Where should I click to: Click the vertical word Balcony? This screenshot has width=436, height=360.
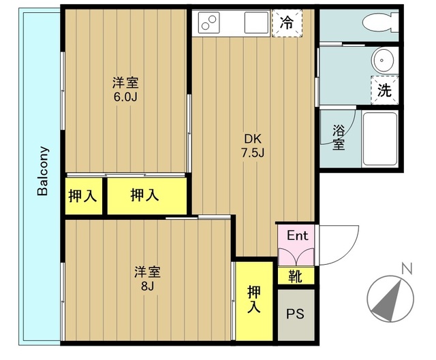pyautogui.click(x=42, y=171)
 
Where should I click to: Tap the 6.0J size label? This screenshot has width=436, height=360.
pyautogui.click(x=125, y=96)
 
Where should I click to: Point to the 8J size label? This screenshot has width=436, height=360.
pyautogui.click(x=147, y=286)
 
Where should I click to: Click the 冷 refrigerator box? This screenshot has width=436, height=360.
pyautogui.click(x=287, y=22)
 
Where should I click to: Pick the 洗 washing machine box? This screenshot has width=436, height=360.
pyautogui.click(x=385, y=90)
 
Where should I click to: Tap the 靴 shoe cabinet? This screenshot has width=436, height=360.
pyautogui.click(x=296, y=276)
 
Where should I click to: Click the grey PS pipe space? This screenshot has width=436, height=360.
pyautogui.click(x=296, y=315)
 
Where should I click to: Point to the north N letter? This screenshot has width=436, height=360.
pyautogui.click(x=407, y=267)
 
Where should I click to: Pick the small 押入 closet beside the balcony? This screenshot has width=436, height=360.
pyautogui.click(x=83, y=196)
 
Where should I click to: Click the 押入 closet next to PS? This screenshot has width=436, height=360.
pyautogui.click(x=254, y=300)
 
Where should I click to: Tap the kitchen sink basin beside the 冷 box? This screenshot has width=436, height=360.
pyautogui.click(x=256, y=23)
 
